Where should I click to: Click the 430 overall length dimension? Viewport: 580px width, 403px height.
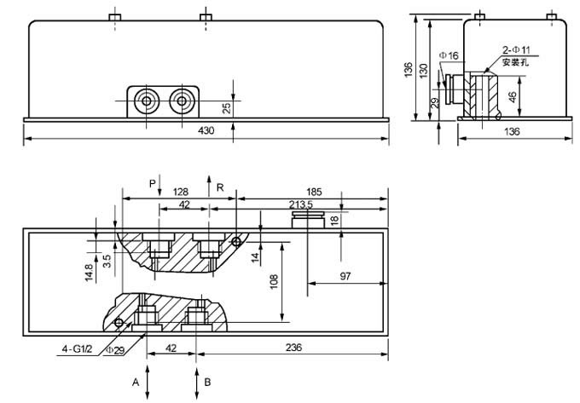coord(206,130)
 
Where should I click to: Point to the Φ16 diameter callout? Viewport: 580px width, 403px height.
coord(449,55)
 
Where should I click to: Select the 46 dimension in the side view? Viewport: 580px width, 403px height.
coord(513,97)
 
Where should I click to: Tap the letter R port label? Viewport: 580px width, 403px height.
coord(220,186)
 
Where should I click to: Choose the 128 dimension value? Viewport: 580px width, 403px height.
coord(180,193)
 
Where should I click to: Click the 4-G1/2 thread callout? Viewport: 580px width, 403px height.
coord(77,348)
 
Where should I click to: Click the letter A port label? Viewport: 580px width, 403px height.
coord(135,383)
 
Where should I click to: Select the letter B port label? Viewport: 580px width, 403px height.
coord(207,383)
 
